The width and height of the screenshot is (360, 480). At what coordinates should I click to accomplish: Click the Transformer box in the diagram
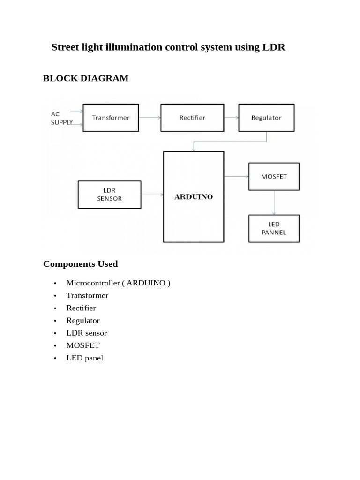pyautogui.click(x=111, y=118)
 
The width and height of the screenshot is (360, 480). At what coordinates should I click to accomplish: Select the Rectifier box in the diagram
pyautogui.click(x=192, y=118)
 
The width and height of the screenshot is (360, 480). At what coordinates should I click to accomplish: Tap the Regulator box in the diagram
pyautogui.click(x=266, y=118)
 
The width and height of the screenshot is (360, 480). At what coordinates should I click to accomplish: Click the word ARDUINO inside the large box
pyautogui.click(x=194, y=197)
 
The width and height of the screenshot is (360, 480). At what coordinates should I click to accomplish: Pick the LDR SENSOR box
pyautogui.click(x=109, y=195)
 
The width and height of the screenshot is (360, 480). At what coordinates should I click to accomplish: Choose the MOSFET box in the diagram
pyautogui.click(x=274, y=176)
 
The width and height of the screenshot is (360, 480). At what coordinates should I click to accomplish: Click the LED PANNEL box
pyautogui.click(x=274, y=228)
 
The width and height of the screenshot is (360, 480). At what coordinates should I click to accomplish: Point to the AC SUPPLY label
pyautogui.click(x=61, y=118)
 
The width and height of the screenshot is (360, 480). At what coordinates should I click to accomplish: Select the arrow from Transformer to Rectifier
pyautogui.click(x=150, y=118)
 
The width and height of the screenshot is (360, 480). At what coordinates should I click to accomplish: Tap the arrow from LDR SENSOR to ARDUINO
pyautogui.click(x=152, y=195)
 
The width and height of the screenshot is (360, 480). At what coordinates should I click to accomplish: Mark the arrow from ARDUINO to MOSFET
pyautogui.click(x=236, y=177)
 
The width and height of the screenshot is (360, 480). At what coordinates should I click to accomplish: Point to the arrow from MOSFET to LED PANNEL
pyautogui.click(x=274, y=202)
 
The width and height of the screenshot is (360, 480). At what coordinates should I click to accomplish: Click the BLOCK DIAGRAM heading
pyautogui.click(x=86, y=78)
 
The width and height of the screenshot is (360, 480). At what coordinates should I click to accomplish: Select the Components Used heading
pyautogui.click(x=80, y=264)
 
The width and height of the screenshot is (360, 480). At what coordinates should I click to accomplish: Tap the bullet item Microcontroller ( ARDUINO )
pyautogui.click(x=118, y=283)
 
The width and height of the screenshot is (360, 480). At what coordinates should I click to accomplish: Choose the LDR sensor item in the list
pyautogui.click(x=87, y=333)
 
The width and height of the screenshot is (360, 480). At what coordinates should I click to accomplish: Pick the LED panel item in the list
pyautogui.click(x=85, y=358)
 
